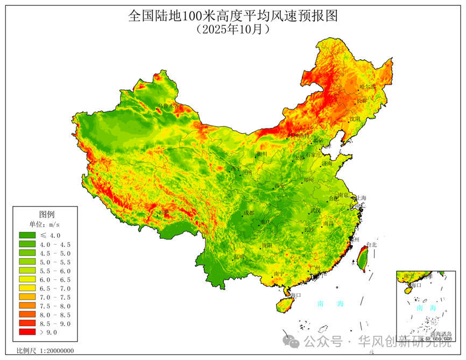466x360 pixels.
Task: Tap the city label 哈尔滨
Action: click(x=368, y=87)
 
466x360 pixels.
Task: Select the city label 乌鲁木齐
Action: click(x=168, y=106)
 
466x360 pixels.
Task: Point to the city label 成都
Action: click(x=249, y=213)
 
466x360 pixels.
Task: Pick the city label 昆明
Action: click(x=239, y=257)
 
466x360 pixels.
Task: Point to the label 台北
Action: click(x=371, y=245)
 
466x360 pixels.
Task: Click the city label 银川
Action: click(x=262, y=154)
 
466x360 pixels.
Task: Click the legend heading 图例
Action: click(x=47, y=214)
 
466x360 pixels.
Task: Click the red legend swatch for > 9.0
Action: click(x=27, y=333)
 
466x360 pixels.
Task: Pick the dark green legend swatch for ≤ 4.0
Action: click(x=27, y=235)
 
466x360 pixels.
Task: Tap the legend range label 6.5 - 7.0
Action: click(x=55, y=288)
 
